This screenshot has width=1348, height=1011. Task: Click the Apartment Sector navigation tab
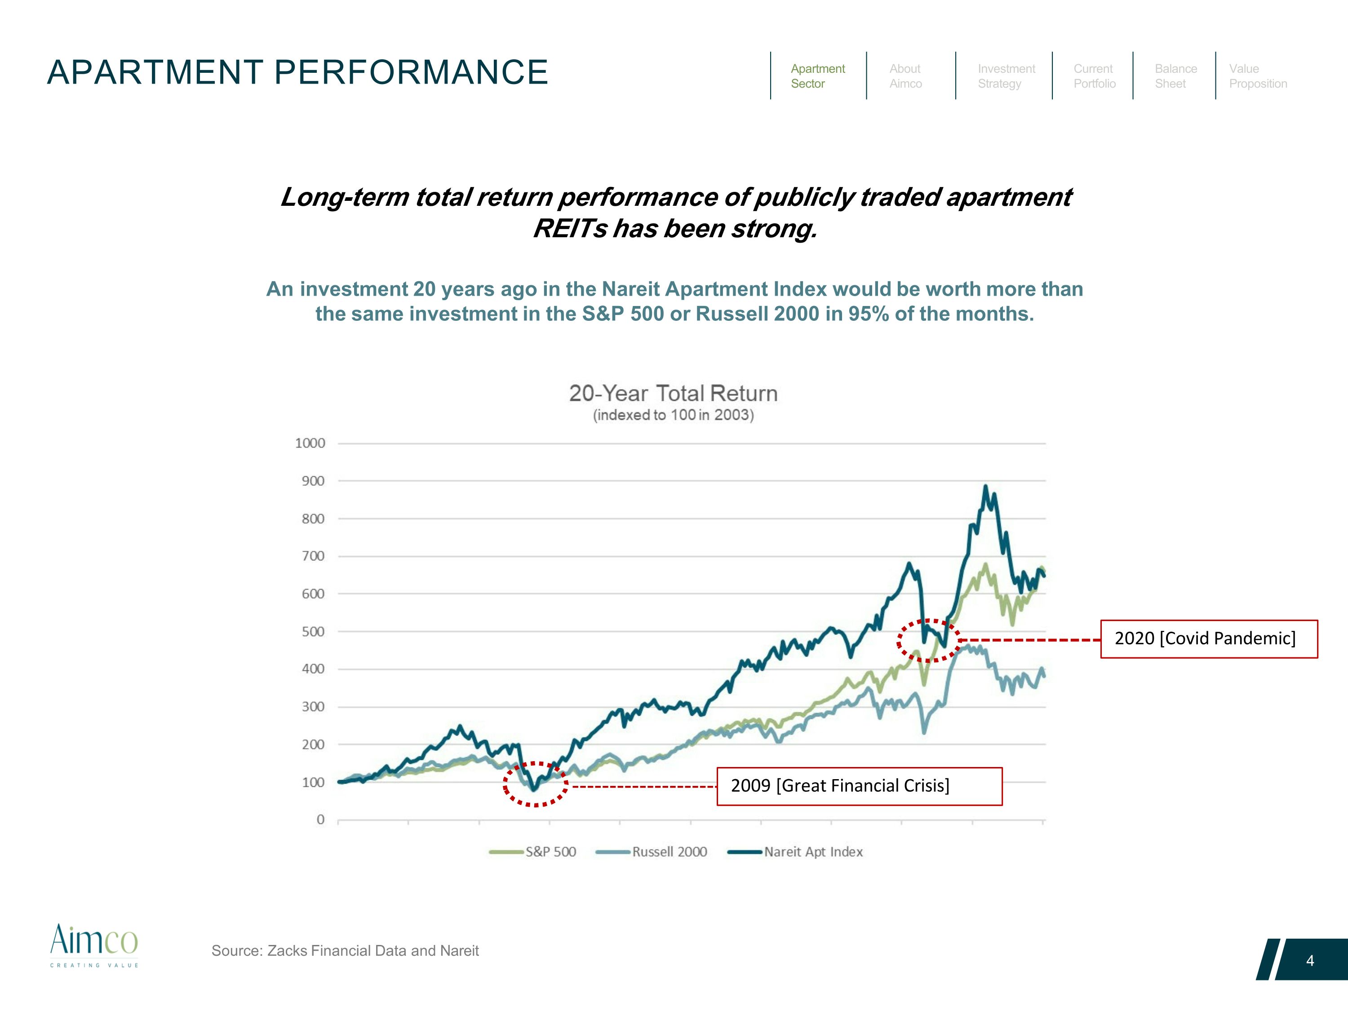(x=817, y=76)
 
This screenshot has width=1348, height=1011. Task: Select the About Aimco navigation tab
(x=905, y=76)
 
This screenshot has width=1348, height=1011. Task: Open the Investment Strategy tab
(x=1006, y=76)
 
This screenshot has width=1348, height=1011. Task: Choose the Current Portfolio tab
(x=1095, y=76)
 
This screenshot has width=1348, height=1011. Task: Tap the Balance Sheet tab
(x=1175, y=76)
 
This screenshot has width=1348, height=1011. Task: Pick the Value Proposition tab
(x=1258, y=76)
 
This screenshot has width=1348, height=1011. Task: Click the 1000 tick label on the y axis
(x=310, y=443)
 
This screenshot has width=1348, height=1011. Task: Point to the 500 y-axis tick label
(x=313, y=631)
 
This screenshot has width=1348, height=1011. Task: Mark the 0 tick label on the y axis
(x=320, y=820)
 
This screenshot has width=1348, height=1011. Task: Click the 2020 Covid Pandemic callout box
(x=1208, y=639)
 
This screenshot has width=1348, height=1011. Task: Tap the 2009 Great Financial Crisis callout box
(x=859, y=786)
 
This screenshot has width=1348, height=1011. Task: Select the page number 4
(x=1310, y=961)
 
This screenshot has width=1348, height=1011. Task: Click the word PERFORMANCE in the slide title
(x=411, y=72)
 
